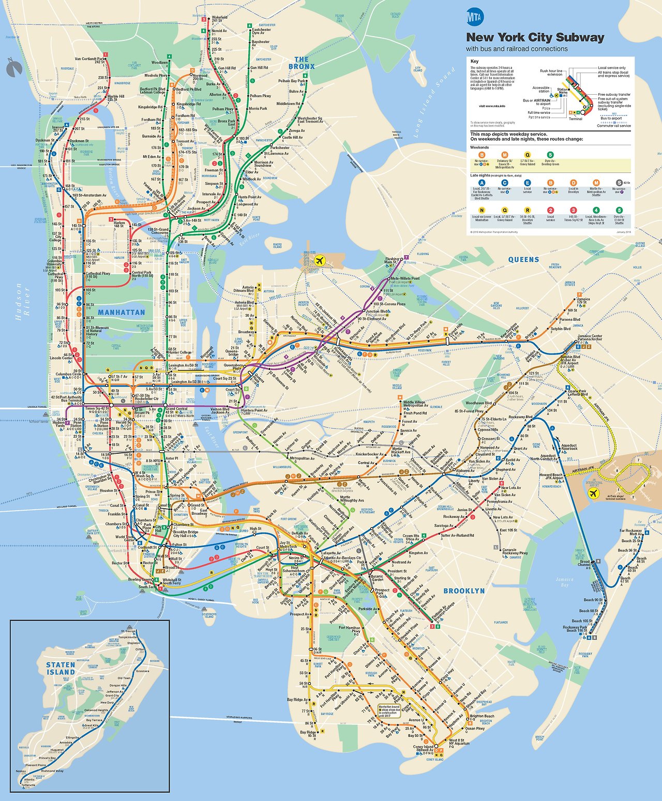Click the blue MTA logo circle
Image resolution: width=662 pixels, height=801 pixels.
[x=474, y=18]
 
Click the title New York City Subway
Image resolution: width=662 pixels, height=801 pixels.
[x=535, y=37]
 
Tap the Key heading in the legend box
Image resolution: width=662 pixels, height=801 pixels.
[x=474, y=61]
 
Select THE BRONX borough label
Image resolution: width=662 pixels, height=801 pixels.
[x=301, y=63]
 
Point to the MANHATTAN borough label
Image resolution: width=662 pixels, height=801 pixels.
[x=122, y=313]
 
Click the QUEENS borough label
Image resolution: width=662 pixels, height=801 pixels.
[x=523, y=260]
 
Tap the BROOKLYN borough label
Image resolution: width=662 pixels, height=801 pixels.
[x=464, y=591]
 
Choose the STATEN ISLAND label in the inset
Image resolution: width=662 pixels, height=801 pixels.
[x=61, y=668]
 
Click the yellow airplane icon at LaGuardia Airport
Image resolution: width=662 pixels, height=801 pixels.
[x=320, y=260]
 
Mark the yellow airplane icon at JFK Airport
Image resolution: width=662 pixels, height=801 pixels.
[x=593, y=492]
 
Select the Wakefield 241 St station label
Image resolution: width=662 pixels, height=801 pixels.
[x=219, y=19]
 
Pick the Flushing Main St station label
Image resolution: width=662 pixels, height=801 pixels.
[x=392, y=260]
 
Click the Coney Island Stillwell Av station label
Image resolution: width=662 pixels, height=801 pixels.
[x=423, y=749]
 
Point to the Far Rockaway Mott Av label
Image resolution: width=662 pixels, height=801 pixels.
[x=630, y=532]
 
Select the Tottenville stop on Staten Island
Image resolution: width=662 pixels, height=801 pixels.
[x=28, y=785]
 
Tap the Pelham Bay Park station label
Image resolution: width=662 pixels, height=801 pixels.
[x=291, y=81]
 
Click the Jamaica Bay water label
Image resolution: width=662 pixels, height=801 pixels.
[x=564, y=582]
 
